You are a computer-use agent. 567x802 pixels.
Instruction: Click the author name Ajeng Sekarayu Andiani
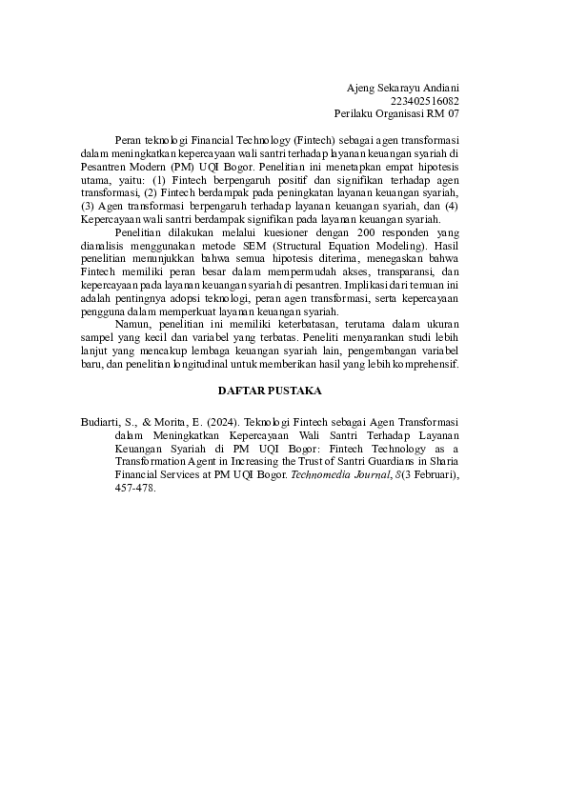(x=403, y=88)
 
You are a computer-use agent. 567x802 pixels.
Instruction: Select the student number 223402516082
(x=425, y=100)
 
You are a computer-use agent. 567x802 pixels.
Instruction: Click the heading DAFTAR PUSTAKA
(x=270, y=391)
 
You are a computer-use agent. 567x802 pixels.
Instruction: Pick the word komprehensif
(x=426, y=363)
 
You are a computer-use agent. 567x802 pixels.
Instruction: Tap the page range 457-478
(x=133, y=488)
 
